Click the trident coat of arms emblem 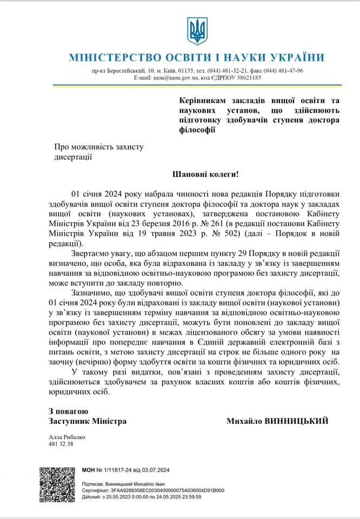point(197,31)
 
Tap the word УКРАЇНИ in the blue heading point(295,57)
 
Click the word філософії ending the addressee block point(197,129)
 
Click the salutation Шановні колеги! point(205,175)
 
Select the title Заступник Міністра point(86,421)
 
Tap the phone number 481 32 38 point(60,444)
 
